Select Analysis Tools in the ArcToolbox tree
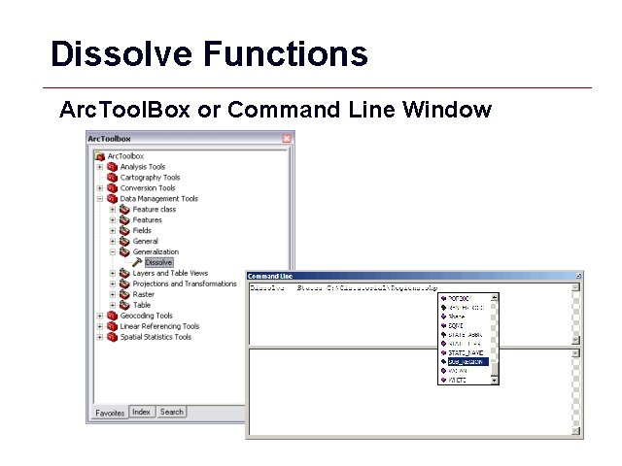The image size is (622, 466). pyautogui.click(x=142, y=167)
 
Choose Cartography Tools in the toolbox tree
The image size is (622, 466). pyautogui.click(x=150, y=178)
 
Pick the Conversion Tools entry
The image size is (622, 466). pyautogui.click(x=147, y=188)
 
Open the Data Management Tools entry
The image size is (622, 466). pyautogui.click(x=158, y=199)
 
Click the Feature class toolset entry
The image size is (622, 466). pyautogui.click(x=154, y=210)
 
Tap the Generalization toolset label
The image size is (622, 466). pyautogui.click(x=155, y=252)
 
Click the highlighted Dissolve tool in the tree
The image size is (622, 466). pyautogui.click(x=158, y=262)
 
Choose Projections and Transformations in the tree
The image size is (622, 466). pyautogui.click(x=184, y=284)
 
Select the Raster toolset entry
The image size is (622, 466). pyautogui.click(x=143, y=294)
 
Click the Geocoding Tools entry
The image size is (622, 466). pyautogui.click(x=146, y=316)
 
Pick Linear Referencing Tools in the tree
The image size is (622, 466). pyautogui.click(x=159, y=326)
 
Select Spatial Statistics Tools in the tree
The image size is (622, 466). pyautogui.click(x=155, y=337)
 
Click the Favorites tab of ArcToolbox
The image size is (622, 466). pyautogui.click(x=110, y=413)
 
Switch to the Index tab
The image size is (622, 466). pyautogui.click(x=142, y=412)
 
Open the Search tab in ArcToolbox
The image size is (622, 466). pyautogui.click(x=171, y=412)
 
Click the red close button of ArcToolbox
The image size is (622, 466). pyautogui.click(x=287, y=139)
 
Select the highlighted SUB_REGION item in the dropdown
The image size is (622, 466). pyautogui.click(x=466, y=361)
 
